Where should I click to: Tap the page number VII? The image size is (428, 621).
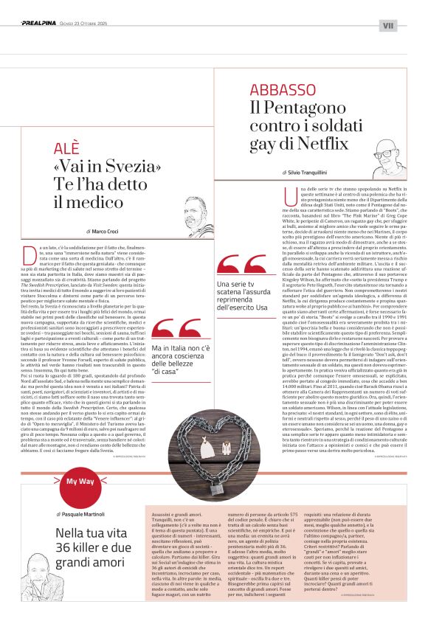[x=388, y=26]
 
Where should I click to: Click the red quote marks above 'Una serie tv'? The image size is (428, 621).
[x=238, y=264]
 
